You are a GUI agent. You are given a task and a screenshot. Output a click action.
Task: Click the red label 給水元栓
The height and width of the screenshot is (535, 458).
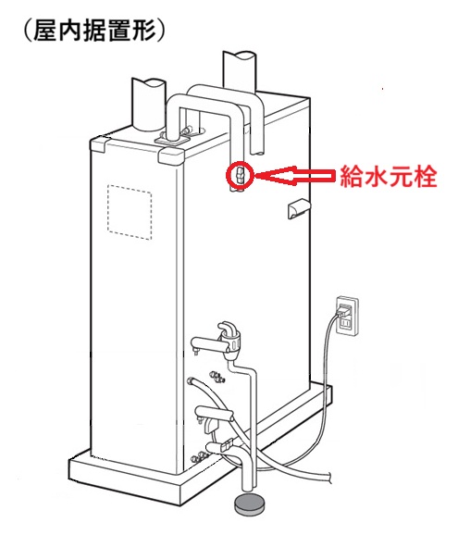click(389, 177)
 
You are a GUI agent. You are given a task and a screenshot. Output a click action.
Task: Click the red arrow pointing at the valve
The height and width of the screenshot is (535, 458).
click(294, 175)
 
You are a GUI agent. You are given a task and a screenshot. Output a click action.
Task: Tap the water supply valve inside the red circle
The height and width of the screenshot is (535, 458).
click(240, 175)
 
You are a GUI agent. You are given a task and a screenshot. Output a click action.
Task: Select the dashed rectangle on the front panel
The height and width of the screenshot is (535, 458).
click(130, 212)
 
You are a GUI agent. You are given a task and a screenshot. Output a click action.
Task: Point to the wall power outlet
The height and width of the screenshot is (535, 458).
click(348, 317)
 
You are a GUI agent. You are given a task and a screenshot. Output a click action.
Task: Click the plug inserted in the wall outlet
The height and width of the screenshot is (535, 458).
click(343, 310)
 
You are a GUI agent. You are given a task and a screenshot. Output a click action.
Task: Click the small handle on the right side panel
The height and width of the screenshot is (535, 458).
click(299, 208)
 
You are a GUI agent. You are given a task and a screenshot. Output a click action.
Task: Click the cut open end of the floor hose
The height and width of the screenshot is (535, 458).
click(329, 477)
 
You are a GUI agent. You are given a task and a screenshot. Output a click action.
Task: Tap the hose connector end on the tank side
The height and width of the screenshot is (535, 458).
click(192, 380)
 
